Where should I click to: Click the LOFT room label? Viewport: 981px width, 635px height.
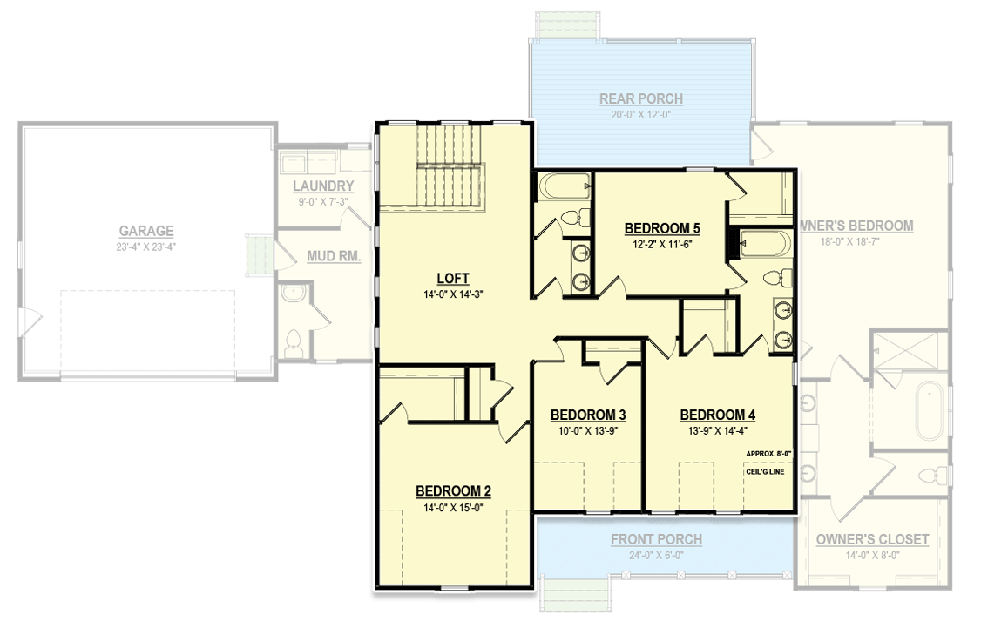pyautogui.click(x=452, y=279)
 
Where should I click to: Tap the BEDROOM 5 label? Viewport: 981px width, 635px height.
pyautogui.click(x=662, y=229)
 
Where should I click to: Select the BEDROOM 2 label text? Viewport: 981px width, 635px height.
pyautogui.click(x=452, y=490)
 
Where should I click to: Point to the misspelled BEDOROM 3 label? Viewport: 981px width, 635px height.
pyautogui.click(x=588, y=415)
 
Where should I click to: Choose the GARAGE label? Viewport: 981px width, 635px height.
pyautogui.click(x=146, y=231)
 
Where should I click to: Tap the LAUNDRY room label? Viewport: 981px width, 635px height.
pyautogui.click(x=323, y=186)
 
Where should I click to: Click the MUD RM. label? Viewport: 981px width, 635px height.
pyautogui.click(x=334, y=256)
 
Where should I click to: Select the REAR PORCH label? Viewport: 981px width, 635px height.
pyautogui.click(x=640, y=99)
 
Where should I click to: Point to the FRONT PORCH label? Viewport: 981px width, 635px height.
pyautogui.click(x=656, y=540)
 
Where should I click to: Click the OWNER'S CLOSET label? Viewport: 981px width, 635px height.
pyautogui.click(x=872, y=540)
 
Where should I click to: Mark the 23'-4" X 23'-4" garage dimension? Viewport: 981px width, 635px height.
pyautogui.click(x=146, y=247)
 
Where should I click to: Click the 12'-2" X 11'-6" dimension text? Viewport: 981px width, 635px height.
pyautogui.click(x=662, y=246)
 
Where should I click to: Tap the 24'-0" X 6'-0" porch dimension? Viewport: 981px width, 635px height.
pyautogui.click(x=656, y=555)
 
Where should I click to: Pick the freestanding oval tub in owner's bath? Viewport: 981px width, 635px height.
pyautogui.click(x=929, y=408)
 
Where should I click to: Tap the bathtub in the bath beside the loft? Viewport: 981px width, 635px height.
pyautogui.click(x=563, y=186)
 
